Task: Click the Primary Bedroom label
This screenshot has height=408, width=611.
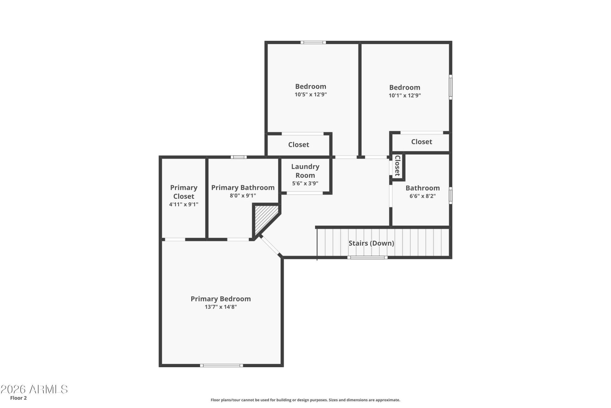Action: (221, 299)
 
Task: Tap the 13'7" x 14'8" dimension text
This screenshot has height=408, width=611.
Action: (221, 307)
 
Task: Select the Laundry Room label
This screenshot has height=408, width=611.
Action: (305, 171)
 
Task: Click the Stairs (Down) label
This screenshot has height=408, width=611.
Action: (371, 243)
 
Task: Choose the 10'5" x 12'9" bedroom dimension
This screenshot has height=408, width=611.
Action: (311, 94)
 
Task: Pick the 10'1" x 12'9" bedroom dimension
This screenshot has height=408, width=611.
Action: (405, 95)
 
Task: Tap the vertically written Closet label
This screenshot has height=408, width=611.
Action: (397, 166)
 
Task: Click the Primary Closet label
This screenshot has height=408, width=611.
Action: (184, 192)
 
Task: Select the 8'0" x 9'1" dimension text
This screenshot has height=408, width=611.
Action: (243, 196)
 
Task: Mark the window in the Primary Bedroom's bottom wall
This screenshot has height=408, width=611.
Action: (221, 365)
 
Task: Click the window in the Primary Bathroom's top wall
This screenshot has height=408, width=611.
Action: (239, 157)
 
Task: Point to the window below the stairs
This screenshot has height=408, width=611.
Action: (368, 257)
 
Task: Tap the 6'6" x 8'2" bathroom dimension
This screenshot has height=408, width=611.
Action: (423, 196)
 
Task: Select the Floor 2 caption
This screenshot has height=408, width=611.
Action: (18, 398)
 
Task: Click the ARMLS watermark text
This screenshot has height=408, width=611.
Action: (34, 389)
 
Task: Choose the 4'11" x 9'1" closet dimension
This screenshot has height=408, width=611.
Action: (184, 204)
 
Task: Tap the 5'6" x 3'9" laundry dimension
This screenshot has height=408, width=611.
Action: (305, 183)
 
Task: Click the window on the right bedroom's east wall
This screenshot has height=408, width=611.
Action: (451, 87)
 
